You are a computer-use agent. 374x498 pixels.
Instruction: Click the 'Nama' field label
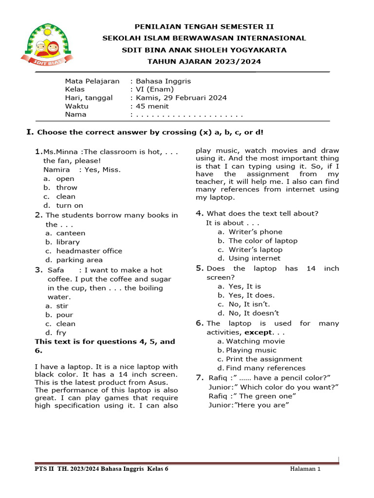(75, 114)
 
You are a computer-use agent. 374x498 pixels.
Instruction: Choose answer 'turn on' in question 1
(70, 205)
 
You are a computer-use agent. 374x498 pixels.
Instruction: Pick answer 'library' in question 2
(68, 242)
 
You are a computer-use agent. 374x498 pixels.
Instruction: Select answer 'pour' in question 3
(65, 315)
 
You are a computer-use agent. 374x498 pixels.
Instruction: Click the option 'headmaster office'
(89, 251)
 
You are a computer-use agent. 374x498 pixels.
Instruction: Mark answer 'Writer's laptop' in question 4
(255, 249)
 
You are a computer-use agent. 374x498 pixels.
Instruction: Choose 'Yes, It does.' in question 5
(251, 295)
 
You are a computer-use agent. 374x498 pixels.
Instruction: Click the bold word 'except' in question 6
(258, 332)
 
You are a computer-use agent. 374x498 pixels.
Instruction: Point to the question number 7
(200, 377)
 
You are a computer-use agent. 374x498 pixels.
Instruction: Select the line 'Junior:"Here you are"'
(249, 405)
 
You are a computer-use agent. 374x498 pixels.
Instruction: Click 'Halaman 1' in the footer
(305, 469)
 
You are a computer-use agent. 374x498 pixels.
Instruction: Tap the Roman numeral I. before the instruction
(30, 132)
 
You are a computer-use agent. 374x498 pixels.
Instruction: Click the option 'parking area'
(79, 260)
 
